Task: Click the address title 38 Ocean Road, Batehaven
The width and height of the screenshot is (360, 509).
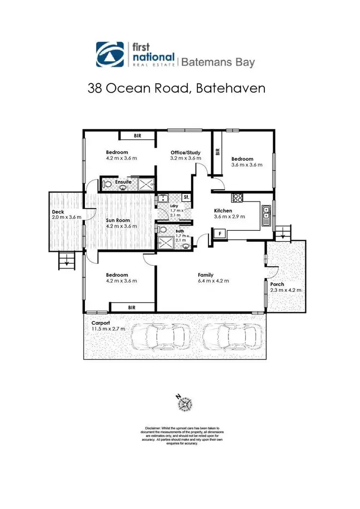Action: click(176, 89)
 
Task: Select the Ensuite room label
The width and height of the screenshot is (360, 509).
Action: click(123, 182)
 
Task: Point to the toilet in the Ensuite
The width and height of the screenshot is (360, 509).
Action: click(108, 184)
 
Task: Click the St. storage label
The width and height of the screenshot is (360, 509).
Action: click(186, 198)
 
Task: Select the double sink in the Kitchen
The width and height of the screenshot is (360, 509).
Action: click(266, 211)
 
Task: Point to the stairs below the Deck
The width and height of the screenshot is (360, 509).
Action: click(65, 261)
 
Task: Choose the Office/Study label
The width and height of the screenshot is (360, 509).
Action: click(185, 153)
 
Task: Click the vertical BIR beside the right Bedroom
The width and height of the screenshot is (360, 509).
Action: click(217, 152)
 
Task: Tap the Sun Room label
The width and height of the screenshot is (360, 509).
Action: click(118, 221)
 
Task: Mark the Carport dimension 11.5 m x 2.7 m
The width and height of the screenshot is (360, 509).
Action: click(108, 329)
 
